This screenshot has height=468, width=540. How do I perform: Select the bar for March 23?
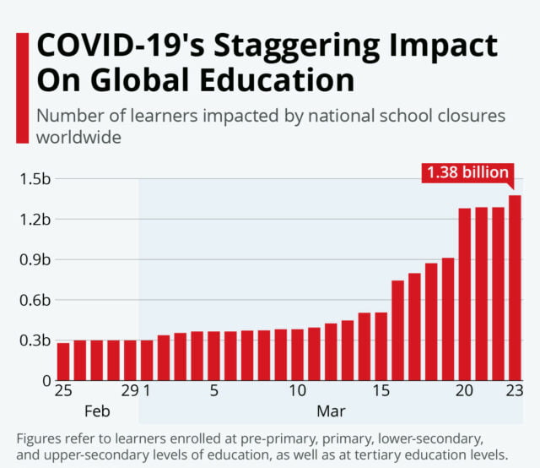(x=515, y=288)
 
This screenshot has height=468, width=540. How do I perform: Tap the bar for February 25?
(x=63, y=361)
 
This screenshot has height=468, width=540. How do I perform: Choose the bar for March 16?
(x=397, y=330)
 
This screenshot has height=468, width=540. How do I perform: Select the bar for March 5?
(x=213, y=356)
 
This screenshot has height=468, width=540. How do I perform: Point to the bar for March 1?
(x=147, y=360)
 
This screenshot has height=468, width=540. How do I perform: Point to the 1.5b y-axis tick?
(x=35, y=179)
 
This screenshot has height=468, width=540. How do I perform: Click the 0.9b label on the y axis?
(x=35, y=259)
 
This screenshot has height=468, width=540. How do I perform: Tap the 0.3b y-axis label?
(x=35, y=340)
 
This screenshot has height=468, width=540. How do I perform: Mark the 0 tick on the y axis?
(x=46, y=381)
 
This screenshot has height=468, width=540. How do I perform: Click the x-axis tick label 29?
(x=129, y=392)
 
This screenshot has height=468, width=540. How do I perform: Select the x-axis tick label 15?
(x=381, y=392)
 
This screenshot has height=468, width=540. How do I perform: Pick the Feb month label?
(x=97, y=412)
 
